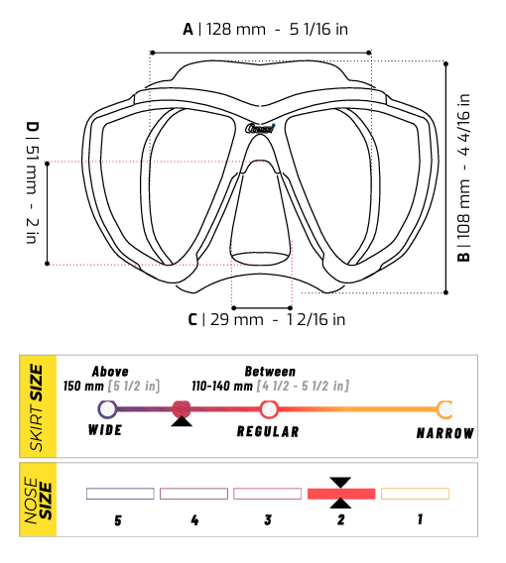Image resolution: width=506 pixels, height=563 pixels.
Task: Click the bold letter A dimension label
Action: point(188,29)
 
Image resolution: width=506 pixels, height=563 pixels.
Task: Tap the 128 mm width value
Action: point(235,29)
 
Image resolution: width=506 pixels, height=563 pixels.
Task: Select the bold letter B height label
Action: point(463,255)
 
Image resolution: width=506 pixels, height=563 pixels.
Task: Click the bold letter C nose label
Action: point(192,319)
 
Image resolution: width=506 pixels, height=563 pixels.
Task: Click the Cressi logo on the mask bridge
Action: point(260,127)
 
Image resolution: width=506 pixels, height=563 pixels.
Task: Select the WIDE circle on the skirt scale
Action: point(106,408)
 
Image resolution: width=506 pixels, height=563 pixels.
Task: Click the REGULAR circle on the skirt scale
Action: point(268,408)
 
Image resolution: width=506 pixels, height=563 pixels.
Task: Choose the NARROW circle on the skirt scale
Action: point(445,408)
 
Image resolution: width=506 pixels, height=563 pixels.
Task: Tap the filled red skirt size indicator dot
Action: point(181,408)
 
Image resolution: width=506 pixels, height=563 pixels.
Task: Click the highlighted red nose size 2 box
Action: point(340,493)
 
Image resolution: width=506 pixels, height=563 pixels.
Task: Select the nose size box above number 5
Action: point(119,493)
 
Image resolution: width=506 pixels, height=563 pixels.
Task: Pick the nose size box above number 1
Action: point(415,493)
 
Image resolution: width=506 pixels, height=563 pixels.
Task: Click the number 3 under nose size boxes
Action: point(267,518)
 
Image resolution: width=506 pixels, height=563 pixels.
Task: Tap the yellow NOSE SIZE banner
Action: point(38,502)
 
